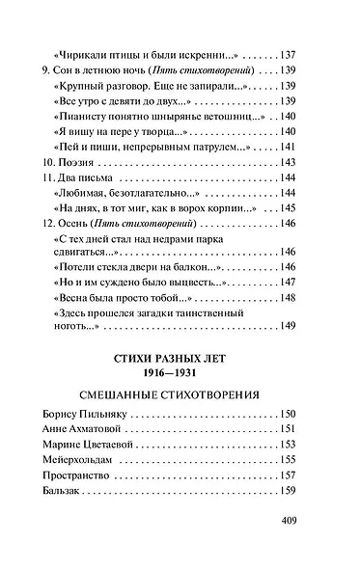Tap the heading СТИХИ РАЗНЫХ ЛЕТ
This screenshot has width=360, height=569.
[180, 364]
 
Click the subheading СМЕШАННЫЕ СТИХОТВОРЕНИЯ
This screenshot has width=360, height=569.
[180, 407]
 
